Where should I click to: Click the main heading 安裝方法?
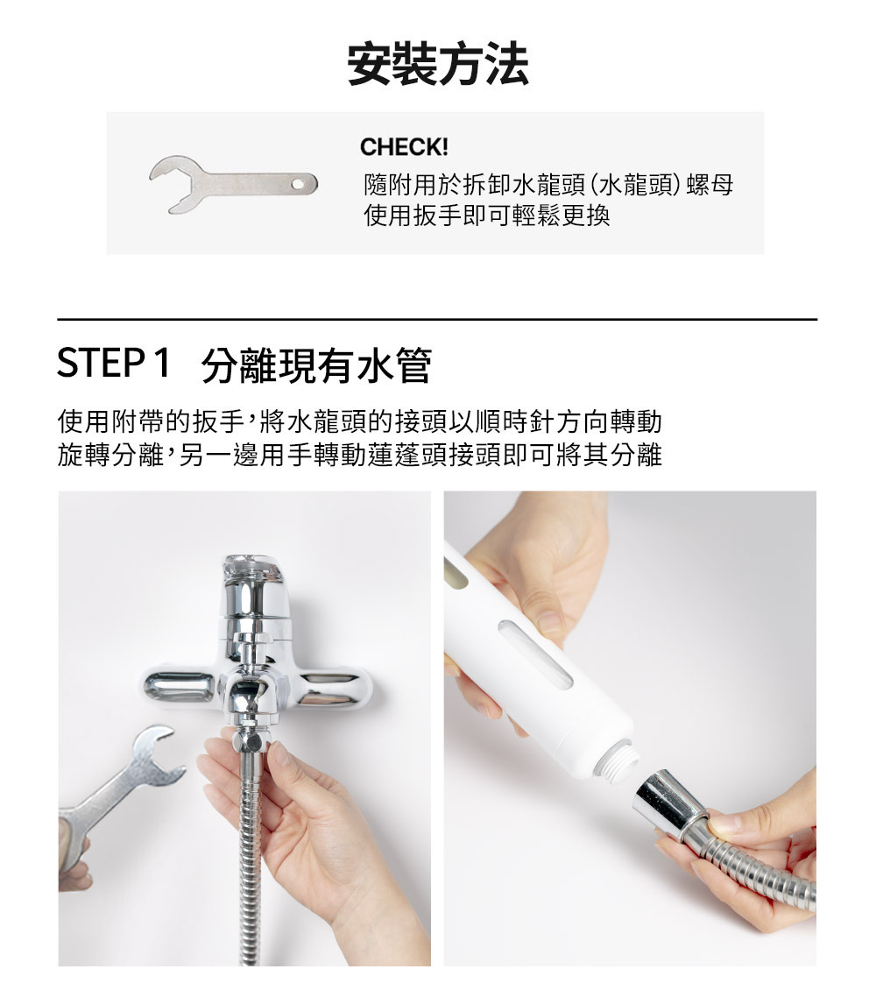(438, 64)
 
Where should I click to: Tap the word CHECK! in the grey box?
(404, 147)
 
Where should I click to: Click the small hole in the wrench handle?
(303, 184)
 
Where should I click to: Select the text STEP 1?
(113, 363)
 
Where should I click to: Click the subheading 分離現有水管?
(316, 365)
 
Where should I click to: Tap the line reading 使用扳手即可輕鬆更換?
(487, 216)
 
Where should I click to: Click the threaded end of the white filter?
(618, 760)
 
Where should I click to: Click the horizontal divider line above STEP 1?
(437, 320)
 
